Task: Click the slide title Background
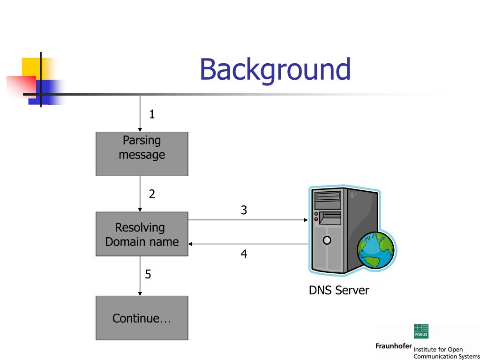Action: point(275,70)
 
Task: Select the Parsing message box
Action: point(142,154)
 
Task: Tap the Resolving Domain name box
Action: point(142,234)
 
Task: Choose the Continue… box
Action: point(142,318)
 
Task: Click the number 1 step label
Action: point(152,114)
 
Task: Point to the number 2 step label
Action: point(152,194)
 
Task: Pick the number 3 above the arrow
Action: point(244,210)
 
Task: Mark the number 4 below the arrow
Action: point(244,254)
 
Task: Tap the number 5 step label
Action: point(148,274)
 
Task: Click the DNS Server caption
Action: point(339,290)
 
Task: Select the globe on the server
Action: point(376,250)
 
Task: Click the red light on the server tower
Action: point(316,219)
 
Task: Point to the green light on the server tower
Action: point(316,214)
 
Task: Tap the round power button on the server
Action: point(327,240)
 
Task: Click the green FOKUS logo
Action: point(421,331)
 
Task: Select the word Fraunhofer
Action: point(393,346)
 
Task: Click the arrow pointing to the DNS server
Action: point(248,220)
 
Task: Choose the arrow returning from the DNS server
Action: point(248,244)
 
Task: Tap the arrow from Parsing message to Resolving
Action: point(140,194)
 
